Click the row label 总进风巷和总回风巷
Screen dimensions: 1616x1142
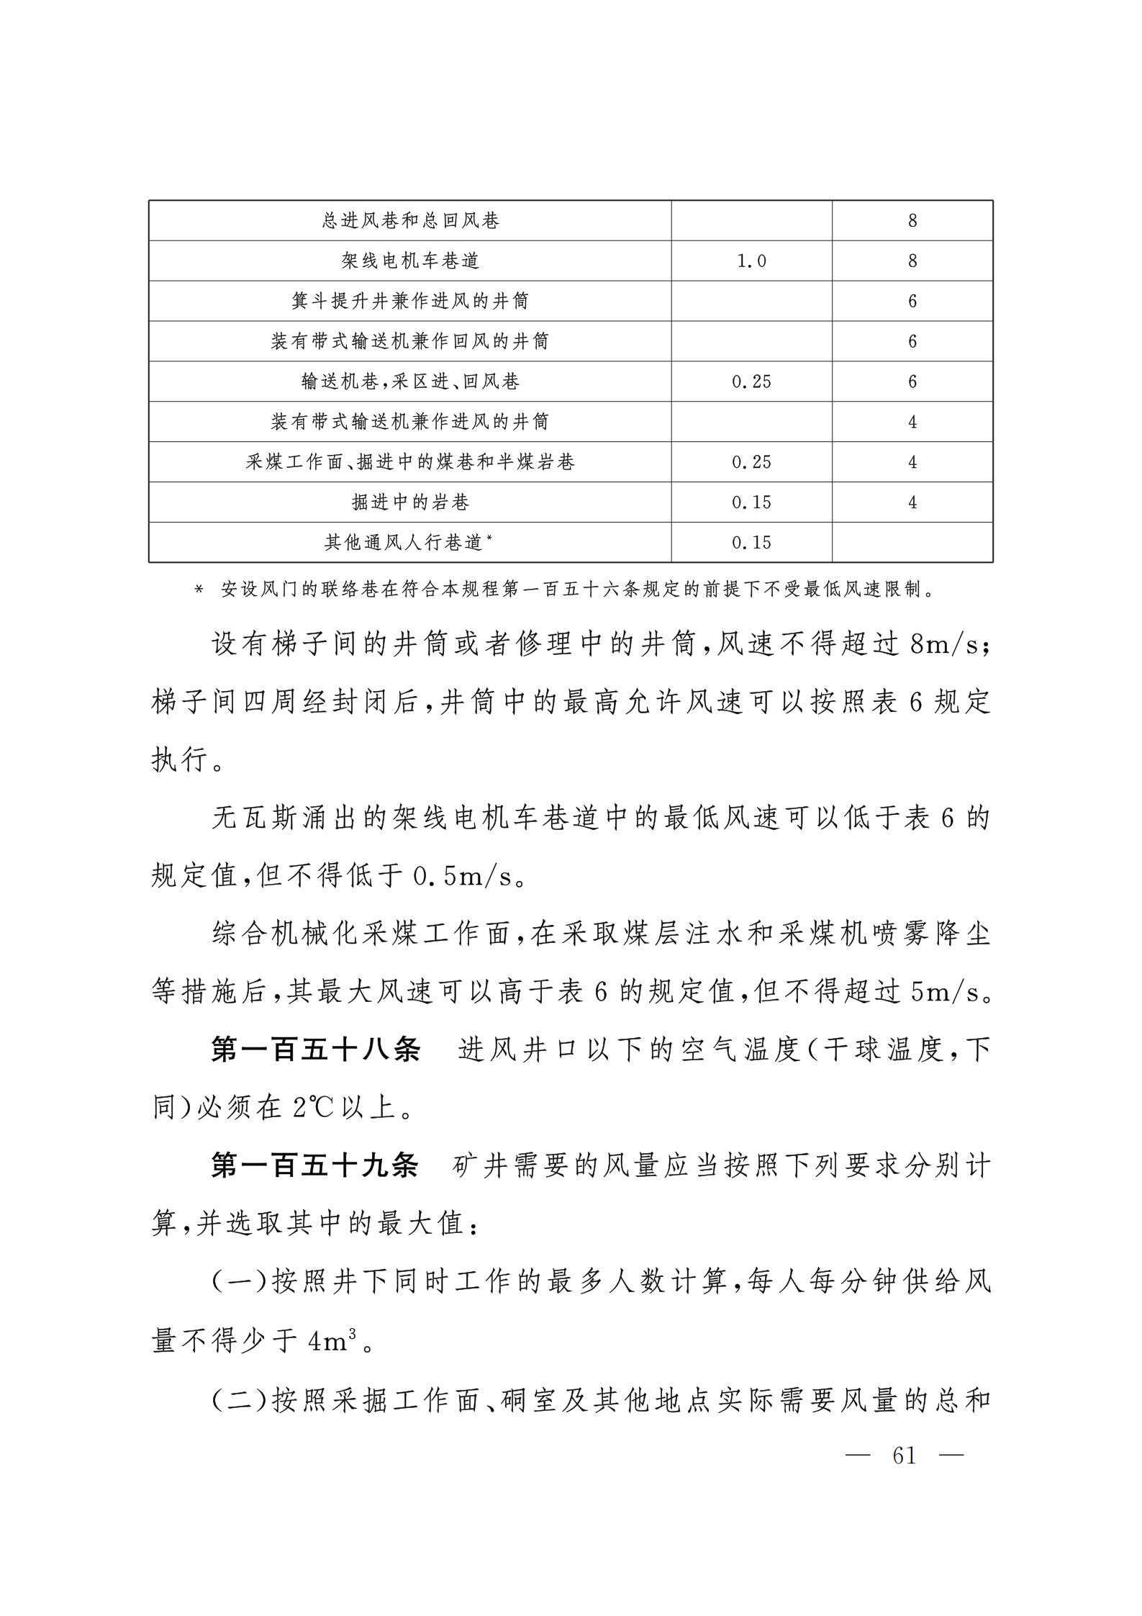click(410, 220)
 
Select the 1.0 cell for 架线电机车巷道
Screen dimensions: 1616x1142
click(751, 261)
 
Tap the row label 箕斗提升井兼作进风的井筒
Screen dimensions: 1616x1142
click(410, 301)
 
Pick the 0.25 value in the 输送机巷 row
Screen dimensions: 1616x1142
click(751, 382)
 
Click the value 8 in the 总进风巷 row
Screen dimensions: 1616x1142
click(912, 220)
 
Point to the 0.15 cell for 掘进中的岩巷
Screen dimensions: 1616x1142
click(751, 502)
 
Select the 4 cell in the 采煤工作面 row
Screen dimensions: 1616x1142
click(912, 462)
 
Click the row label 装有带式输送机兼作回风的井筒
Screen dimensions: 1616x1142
click(410, 341)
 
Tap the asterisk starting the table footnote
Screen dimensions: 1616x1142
click(199, 591)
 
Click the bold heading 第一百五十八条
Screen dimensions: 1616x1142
click(315, 1050)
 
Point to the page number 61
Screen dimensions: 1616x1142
click(905, 1455)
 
